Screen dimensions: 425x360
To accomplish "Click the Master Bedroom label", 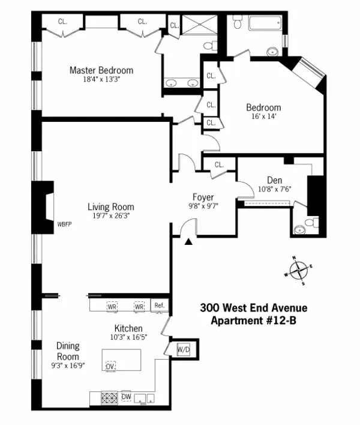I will pos(101,70).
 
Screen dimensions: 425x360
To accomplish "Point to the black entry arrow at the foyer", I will pos(189,241).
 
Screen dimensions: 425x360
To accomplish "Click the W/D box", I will pos(183,349).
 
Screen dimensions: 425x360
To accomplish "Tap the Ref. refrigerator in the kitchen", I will pos(159,306).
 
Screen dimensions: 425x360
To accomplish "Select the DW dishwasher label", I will pos(126,396).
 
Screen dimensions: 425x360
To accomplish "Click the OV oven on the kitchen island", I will pos(110,366).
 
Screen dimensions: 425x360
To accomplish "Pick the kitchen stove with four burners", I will pos(109,397).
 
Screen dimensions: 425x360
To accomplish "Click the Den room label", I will pos(274,180).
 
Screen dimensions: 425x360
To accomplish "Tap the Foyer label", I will pos(203,197).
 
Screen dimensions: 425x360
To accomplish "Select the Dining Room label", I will pos(68,351).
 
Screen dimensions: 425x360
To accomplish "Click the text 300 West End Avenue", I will pos(253,308).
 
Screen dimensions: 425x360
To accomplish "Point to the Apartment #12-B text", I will pos(253,320).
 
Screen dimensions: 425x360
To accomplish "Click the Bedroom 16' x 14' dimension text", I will pos(263,118).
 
